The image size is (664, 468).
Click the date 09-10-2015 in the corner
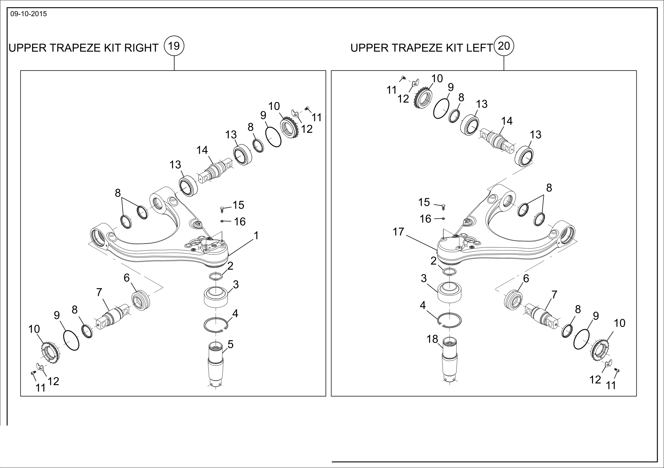(28, 14)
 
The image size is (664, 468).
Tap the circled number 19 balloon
(174, 46)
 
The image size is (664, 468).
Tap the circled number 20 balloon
(504, 46)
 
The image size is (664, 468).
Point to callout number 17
(398, 232)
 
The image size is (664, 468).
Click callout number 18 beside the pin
(433, 339)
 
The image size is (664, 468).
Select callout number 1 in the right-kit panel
(256, 236)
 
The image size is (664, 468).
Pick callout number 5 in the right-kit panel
(230, 344)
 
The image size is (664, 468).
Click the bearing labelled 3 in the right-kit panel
(216, 297)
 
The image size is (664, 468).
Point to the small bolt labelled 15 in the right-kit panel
(222, 209)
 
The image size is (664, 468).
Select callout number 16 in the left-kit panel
(425, 219)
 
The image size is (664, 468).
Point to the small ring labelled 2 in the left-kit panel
(450, 271)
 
